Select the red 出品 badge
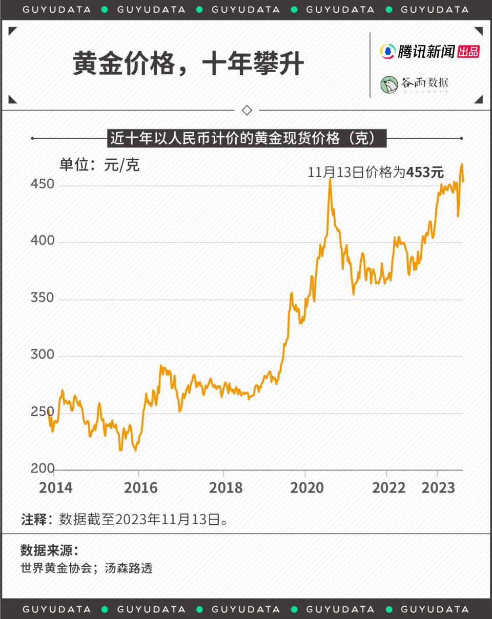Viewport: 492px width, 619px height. coord(468,51)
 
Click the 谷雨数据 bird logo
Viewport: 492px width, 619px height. coord(389,84)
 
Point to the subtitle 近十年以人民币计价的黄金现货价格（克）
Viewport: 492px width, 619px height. coord(247,138)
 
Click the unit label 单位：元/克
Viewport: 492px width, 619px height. coord(99,165)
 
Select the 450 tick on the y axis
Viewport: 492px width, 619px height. coord(42,184)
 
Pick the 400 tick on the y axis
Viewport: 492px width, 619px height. coord(42,240)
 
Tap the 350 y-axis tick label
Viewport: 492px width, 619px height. coord(42,297)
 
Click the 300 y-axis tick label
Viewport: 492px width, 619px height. coord(42,354)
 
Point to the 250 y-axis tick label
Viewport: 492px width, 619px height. coord(42,411)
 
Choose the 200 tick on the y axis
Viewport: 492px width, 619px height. coord(42,468)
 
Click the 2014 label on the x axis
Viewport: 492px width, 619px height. coord(56,488)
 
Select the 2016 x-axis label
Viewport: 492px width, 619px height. coord(140,488)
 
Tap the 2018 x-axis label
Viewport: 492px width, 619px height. coord(225,488)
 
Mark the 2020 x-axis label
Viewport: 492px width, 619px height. coord(307,488)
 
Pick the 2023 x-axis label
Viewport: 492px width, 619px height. coord(438,488)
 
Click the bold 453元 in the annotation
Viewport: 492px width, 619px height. coord(425,172)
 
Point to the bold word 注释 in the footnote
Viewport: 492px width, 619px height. coord(34,519)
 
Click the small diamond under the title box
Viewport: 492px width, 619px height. coord(247,110)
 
